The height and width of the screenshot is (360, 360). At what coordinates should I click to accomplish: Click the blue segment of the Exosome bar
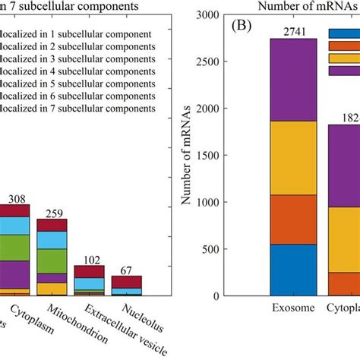pos(294,270)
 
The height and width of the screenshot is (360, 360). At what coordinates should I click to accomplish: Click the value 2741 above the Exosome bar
pos(294,30)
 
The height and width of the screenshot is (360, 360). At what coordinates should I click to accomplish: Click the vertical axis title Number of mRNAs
pos(185,156)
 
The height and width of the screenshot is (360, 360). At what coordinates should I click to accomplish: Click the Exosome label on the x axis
pos(293,309)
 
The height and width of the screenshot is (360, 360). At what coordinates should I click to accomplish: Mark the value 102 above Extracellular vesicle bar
pos(89,259)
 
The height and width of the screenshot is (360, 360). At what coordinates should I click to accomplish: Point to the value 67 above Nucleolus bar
pos(126,270)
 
